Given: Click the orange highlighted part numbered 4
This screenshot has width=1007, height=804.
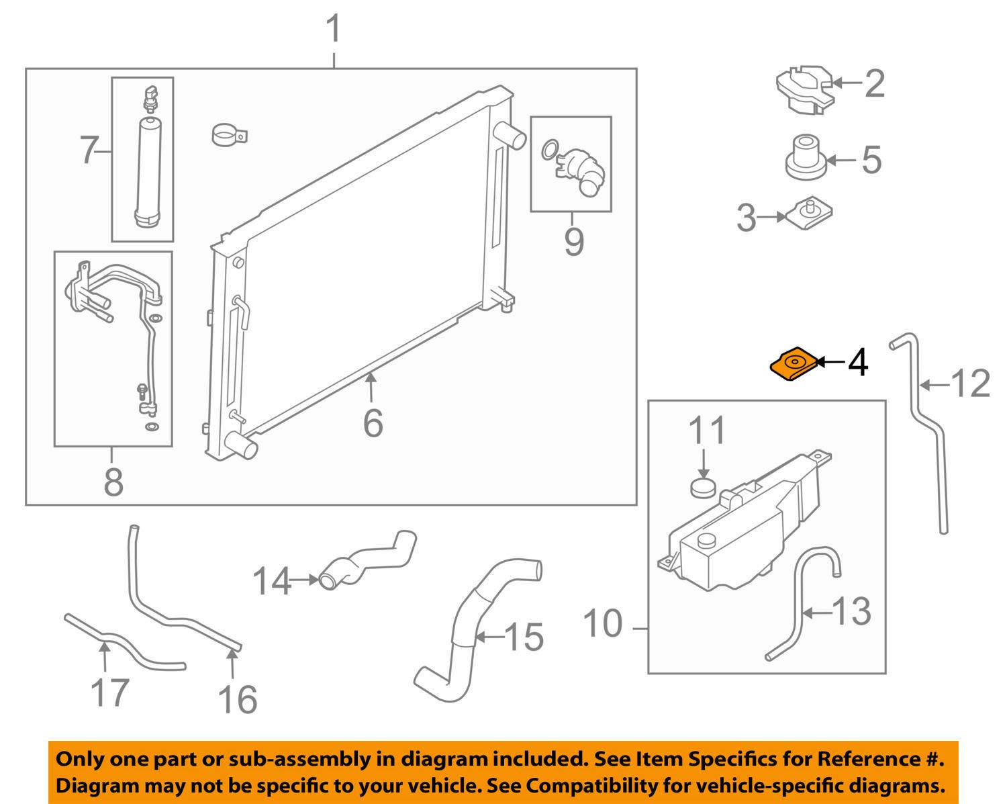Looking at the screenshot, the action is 794,364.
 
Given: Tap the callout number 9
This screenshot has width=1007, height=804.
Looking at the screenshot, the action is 574,242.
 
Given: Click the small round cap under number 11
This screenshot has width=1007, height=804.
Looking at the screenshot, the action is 703,487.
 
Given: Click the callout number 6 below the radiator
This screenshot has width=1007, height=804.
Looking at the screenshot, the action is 373,423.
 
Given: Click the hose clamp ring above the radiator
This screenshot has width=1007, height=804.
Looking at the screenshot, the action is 229,134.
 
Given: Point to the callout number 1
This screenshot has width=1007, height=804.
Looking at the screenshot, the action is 334,29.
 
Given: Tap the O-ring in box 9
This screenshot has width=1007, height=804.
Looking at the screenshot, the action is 549,149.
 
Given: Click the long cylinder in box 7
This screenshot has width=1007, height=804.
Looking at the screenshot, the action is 147,173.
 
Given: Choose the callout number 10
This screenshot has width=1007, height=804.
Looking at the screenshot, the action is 603,624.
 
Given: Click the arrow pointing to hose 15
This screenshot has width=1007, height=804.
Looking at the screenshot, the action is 490,636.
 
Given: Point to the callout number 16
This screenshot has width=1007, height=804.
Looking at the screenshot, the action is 238,700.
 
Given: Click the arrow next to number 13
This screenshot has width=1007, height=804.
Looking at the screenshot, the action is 816,612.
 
